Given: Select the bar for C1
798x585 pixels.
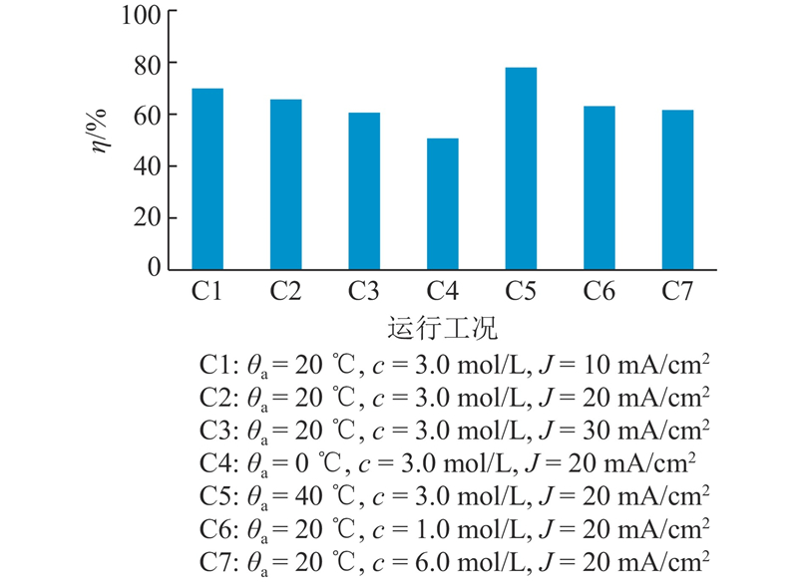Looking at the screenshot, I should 207,179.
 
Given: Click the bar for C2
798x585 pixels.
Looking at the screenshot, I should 285,184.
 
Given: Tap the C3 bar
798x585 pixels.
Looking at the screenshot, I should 364,191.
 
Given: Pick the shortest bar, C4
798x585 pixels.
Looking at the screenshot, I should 443,204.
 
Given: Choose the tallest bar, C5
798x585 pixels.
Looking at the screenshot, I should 521,169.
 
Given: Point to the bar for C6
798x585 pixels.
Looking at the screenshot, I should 599,188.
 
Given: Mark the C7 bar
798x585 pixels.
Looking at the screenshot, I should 677,190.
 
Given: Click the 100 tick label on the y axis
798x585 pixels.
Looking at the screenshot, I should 141,13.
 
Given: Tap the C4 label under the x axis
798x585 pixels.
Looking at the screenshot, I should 443,292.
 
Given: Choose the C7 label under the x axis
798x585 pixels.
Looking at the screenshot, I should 678,292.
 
